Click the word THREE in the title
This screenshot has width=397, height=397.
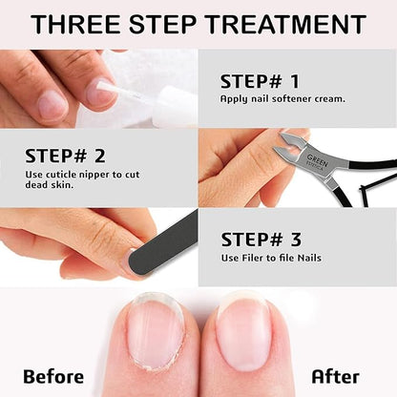pyautogui.click(x=75, y=25)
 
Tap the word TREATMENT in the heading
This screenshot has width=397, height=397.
pyautogui.click(x=285, y=25)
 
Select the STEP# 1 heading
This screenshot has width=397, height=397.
pyautogui.click(x=260, y=81)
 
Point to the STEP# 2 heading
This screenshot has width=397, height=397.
pyautogui.click(x=65, y=156)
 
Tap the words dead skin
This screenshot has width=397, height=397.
pyautogui.click(x=50, y=185)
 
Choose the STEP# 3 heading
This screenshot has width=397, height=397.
pyautogui.click(x=261, y=240)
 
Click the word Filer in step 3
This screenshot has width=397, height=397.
pyautogui.click(x=254, y=258)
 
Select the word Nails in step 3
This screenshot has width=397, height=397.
pyautogui.click(x=309, y=258)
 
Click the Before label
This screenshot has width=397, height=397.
pyautogui.click(x=53, y=377)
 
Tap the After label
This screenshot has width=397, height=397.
pyautogui.click(x=335, y=377)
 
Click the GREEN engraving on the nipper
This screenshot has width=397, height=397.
pyautogui.click(x=317, y=160)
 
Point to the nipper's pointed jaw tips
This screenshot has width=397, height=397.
pyautogui.click(x=278, y=142)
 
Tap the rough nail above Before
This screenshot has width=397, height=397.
pyautogui.click(x=155, y=332)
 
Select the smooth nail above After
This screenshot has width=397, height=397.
pyautogui.click(x=242, y=332)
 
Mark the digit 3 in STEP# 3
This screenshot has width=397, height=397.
pyautogui.click(x=296, y=240)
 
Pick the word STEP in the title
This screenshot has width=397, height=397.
pyautogui.click(x=162, y=25)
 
